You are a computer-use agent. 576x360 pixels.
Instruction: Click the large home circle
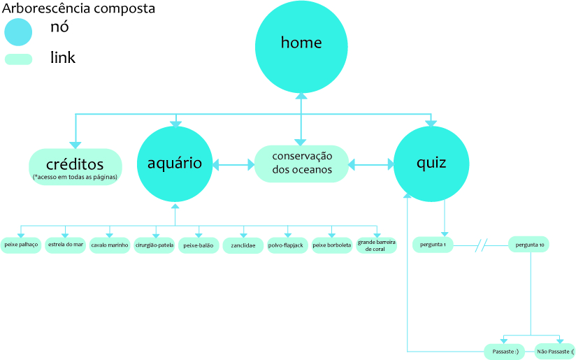point(301,46)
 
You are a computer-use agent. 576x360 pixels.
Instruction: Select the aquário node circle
point(175,165)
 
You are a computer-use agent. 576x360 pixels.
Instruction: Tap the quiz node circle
point(431,165)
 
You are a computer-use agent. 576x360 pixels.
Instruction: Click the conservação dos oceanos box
point(301,164)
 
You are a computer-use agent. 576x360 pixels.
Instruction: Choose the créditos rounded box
point(75,167)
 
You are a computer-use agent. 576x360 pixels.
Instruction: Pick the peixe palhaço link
point(21,245)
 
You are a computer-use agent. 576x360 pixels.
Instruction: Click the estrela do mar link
point(66,245)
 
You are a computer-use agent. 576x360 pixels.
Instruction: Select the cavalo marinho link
point(110,246)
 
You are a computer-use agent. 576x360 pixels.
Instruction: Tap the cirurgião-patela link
point(154,246)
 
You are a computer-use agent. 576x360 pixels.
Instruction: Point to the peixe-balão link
point(199,246)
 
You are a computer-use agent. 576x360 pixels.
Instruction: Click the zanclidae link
point(243,246)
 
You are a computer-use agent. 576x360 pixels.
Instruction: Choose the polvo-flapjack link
point(287,246)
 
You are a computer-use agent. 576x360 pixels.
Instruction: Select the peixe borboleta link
point(331,246)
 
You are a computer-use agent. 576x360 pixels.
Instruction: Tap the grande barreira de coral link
point(376,245)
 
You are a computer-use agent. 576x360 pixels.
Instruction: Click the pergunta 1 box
point(433,245)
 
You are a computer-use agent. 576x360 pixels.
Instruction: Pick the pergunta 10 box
point(529,245)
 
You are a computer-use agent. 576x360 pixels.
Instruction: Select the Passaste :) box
point(505,351)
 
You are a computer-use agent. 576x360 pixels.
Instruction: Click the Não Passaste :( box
point(556,351)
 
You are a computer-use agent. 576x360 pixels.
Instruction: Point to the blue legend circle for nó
point(18,32)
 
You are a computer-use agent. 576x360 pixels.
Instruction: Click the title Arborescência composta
point(79,9)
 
